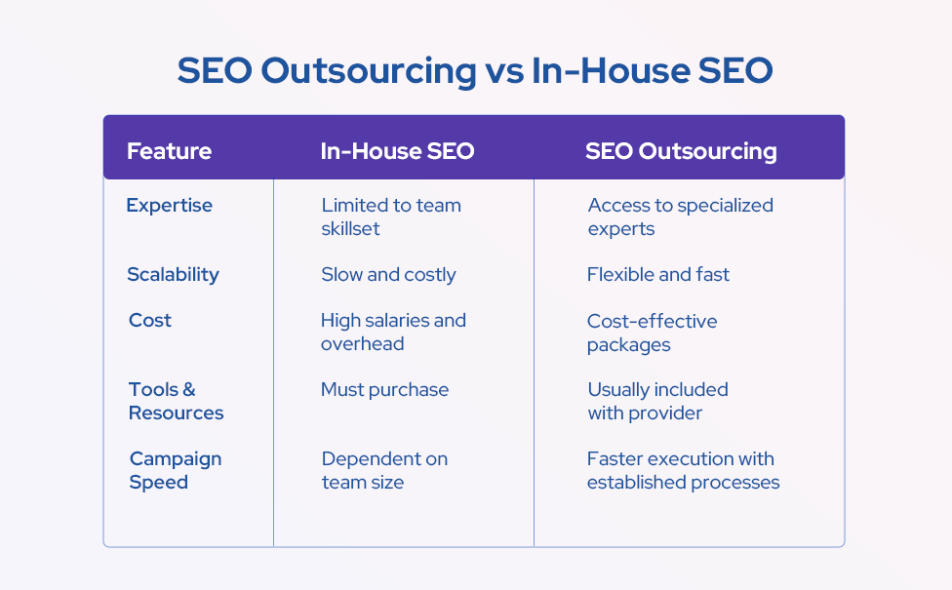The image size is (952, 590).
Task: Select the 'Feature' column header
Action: (x=169, y=151)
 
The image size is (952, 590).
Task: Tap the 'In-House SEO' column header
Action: (x=397, y=151)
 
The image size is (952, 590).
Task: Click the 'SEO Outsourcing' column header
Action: (x=681, y=151)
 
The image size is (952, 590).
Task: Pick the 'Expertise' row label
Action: (x=169, y=205)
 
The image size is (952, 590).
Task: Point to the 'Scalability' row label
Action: (x=173, y=274)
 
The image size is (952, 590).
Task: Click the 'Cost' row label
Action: (x=150, y=320)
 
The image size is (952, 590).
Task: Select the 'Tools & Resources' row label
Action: (x=176, y=401)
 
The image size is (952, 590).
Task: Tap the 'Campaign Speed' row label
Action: (x=175, y=470)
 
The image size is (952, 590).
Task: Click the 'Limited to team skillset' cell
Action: (x=390, y=216)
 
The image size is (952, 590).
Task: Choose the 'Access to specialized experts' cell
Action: (x=680, y=216)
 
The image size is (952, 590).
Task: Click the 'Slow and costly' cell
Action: (x=388, y=274)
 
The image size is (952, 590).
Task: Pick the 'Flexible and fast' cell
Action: (x=657, y=274)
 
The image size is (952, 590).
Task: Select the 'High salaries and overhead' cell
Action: (x=393, y=332)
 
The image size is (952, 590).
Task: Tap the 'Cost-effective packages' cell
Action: (x=652, y=333)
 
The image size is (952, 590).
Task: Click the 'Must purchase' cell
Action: (x=384, y=389)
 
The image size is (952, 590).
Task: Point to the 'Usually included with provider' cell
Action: (x=657, y=401)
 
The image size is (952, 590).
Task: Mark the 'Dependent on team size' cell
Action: (x=384, y=470)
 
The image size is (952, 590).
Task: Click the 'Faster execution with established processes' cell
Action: (x=683, y=470)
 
